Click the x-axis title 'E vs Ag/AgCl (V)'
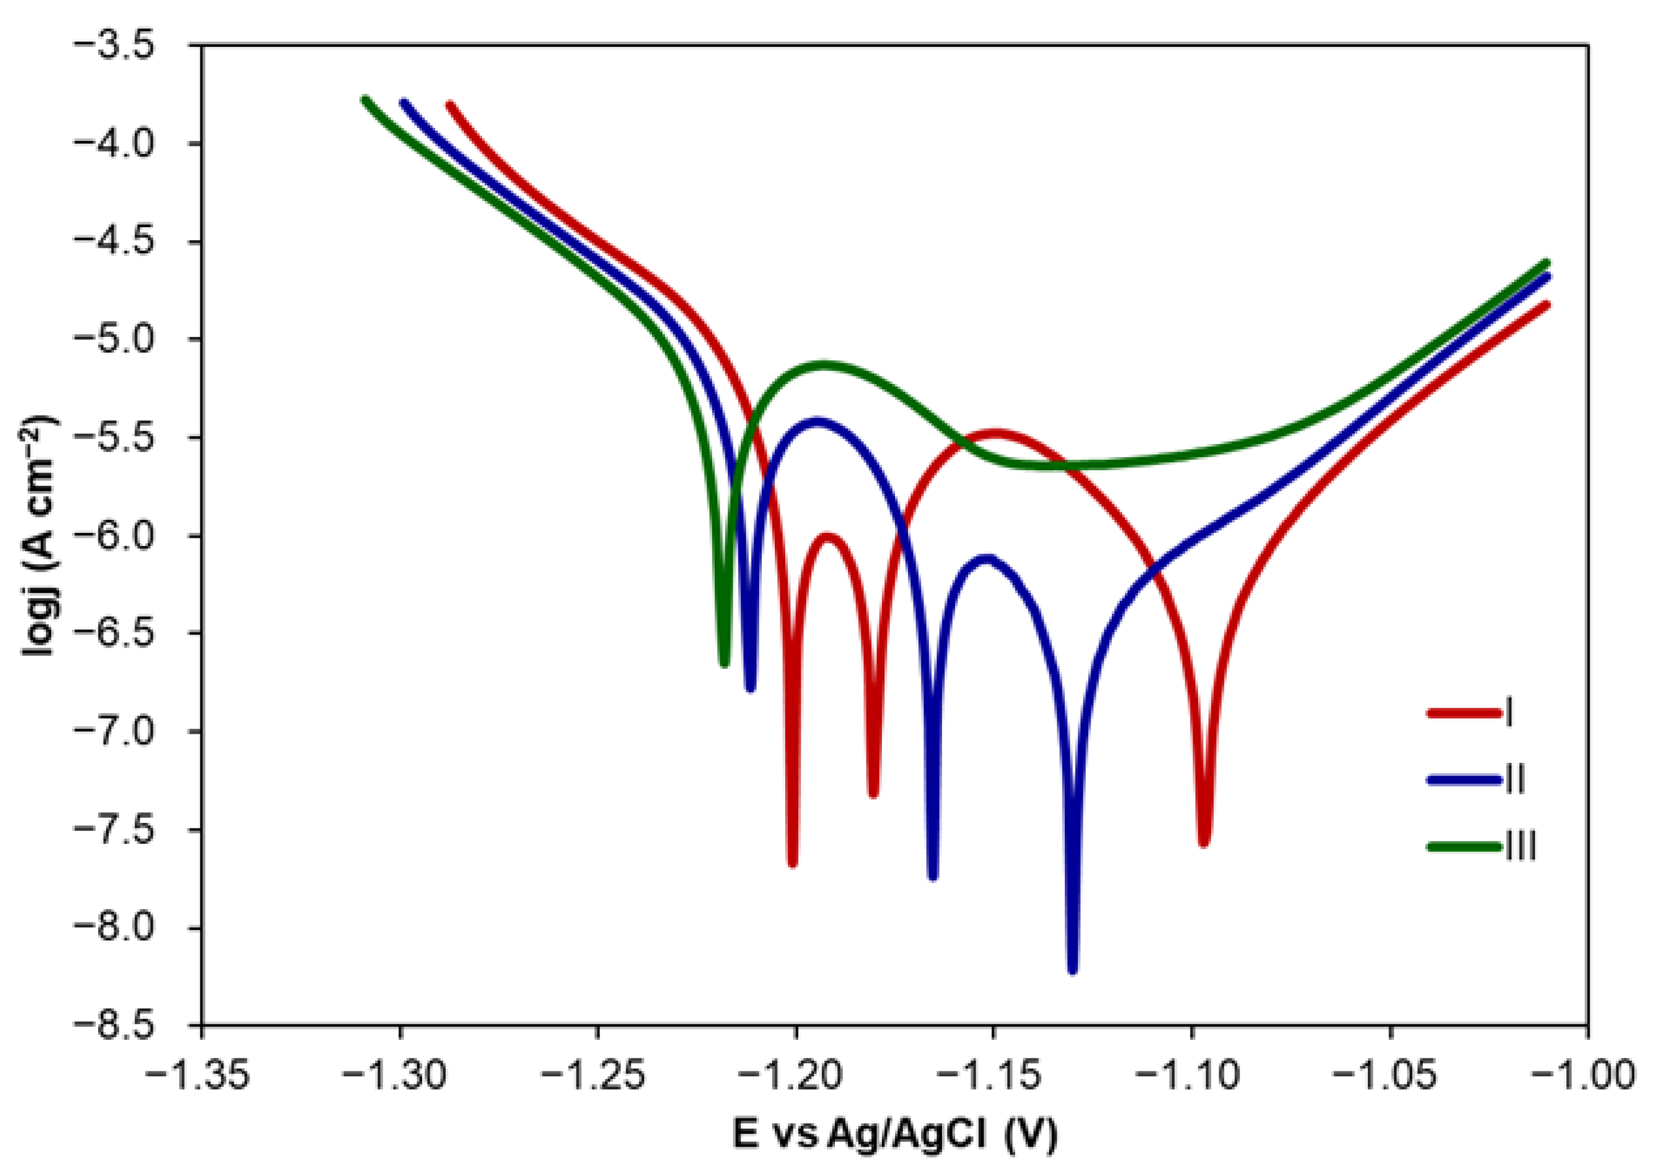pos(895,1133)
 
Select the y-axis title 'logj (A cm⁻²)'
pos(40,535)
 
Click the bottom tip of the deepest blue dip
pos(1072,970)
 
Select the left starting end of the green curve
pos(365,100)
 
